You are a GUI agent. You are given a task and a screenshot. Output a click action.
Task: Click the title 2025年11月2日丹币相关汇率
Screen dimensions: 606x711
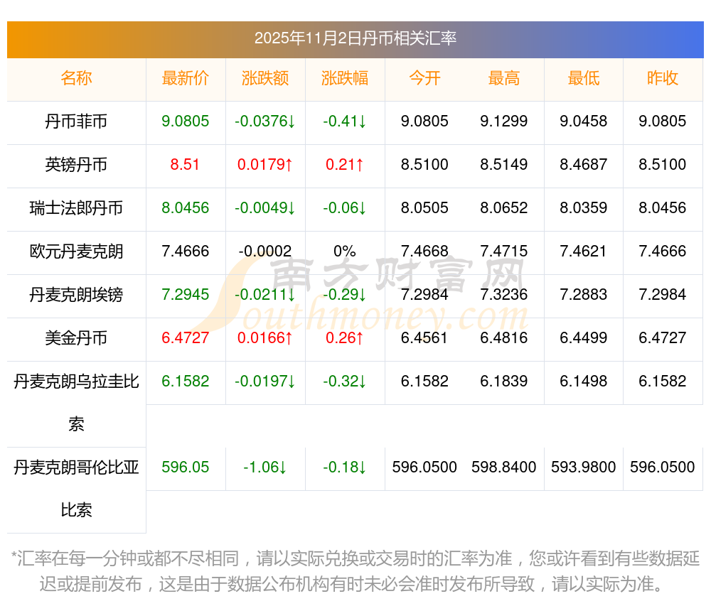click(355, 38)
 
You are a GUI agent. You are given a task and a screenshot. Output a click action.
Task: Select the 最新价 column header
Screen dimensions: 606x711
click(186, 78)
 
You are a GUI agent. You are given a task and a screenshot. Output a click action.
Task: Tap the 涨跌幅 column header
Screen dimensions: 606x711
click(345, 78)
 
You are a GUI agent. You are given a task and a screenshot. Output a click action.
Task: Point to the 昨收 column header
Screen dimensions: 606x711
click(663, 78)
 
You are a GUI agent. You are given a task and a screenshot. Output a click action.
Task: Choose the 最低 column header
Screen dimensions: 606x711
click(584, 78)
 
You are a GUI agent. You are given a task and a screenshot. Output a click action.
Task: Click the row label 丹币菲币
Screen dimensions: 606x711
click(76, 121)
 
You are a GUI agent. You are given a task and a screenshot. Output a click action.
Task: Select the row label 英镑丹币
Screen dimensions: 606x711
click(76, 165)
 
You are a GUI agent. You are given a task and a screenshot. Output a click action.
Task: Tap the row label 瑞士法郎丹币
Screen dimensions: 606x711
click(76, 208)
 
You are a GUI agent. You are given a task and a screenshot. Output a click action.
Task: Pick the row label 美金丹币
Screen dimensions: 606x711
click(76, 338)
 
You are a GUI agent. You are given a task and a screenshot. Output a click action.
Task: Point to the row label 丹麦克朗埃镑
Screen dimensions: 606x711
click(76, 295)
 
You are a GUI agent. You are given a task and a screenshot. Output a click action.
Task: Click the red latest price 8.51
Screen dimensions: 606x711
click(186, 165)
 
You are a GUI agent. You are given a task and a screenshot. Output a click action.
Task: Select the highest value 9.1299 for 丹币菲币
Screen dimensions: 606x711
click(504, 121)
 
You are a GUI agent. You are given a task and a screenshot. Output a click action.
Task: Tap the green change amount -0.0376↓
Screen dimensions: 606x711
click(265, 121)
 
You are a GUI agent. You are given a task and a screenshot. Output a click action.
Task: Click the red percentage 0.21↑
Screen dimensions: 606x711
click(345, 165)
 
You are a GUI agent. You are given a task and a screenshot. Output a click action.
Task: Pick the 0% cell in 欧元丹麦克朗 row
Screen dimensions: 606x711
click(345, 251)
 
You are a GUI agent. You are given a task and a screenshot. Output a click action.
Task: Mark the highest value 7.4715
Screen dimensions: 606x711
click(504, 251)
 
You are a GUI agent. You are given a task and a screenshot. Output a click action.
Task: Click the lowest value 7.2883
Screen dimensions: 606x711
click(584, 295)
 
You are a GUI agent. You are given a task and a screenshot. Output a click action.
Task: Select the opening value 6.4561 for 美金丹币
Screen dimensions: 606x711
click(424, 338)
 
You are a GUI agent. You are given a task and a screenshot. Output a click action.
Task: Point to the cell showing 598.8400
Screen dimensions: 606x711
click(504, 467)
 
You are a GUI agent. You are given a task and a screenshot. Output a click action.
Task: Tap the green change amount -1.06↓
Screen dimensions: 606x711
click(265, 467)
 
